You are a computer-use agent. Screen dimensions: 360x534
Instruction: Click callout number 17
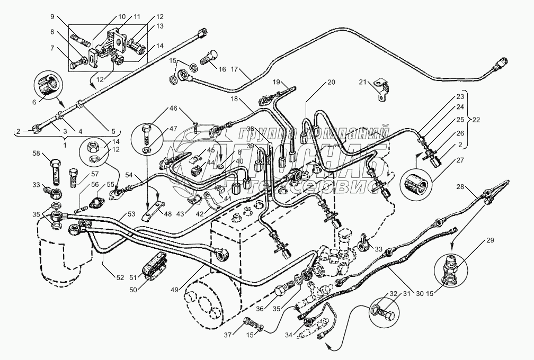click(235, 70)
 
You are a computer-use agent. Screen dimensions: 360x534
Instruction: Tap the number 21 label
click(362, 82)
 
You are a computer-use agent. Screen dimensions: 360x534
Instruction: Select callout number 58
click(37, 154)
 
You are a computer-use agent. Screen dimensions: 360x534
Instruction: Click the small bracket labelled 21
click(381, 88)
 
